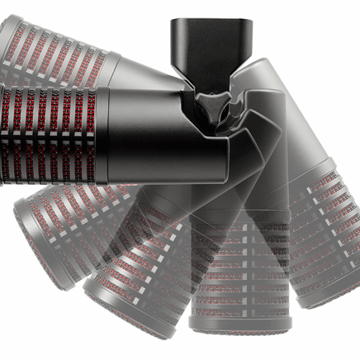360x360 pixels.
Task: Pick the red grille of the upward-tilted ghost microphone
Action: [52, 52]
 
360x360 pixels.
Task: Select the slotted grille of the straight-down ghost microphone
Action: [241, 275]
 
